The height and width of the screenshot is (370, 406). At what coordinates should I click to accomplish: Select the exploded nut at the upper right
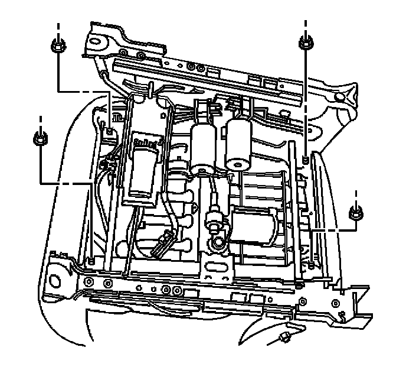tap(305, 43)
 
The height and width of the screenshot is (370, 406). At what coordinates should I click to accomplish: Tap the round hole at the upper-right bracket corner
tap(339, 96)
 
